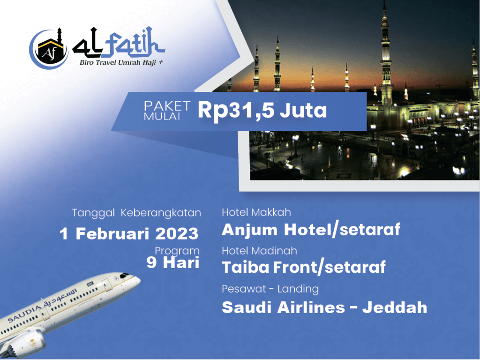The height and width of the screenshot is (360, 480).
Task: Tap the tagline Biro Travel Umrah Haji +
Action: coord(121,62)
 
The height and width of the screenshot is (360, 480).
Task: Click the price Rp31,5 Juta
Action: coord(262,110)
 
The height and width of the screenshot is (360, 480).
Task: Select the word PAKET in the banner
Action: coord(167,106)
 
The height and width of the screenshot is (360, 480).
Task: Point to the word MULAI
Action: coord(162,116)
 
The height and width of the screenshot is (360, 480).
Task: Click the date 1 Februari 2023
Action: coord(129,234)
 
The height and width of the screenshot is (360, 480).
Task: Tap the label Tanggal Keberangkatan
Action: coord(136,213)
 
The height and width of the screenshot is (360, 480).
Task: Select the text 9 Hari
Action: coord(173,262)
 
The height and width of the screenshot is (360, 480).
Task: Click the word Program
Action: coord(177,251)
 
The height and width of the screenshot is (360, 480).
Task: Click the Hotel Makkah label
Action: coord(256,212)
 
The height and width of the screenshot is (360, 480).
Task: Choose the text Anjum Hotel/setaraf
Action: coord(311,230)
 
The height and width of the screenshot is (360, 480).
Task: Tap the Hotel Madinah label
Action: coord(259,251)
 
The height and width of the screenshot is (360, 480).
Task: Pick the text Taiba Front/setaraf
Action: coord(303,267)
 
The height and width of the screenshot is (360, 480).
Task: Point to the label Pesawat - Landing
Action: coord(270,289)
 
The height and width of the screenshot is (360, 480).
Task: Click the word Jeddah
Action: coord(395,307)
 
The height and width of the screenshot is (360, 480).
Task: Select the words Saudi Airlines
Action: coord(283,307)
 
